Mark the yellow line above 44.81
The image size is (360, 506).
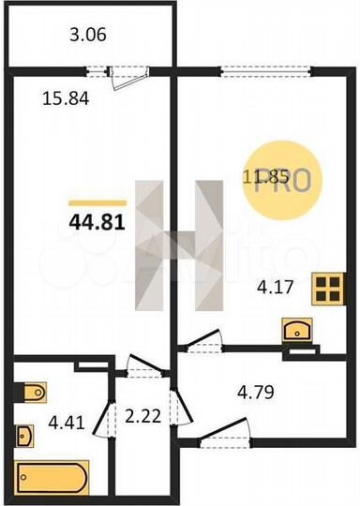click(97, 201)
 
